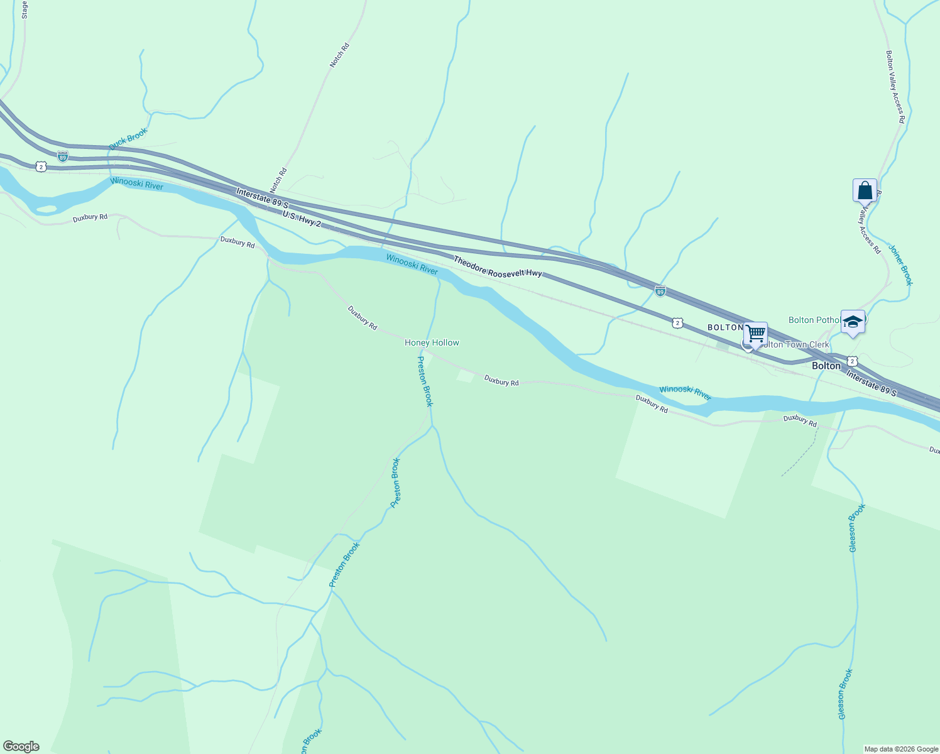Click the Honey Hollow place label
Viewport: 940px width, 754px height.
coord(432,342)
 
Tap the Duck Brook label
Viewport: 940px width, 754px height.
coord(128,139)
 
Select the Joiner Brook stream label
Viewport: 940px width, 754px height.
coord(900,265)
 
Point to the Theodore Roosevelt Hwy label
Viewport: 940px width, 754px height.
coord(498,266)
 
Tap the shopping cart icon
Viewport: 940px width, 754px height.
coord(755,334)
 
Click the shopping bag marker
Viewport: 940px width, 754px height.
coord(865,190)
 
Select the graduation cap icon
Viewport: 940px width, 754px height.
coord(853,322)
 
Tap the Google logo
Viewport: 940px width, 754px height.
coord(21,746)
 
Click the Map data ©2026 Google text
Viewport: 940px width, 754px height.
coord(901,749)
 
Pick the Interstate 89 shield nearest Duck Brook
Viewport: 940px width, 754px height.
coord(62,156)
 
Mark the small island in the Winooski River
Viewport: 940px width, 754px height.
coord(47,209)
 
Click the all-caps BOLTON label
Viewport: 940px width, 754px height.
coord(725,327)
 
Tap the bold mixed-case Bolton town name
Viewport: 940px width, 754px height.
coord(826,366)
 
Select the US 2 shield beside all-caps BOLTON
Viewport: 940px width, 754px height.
coord(677,322)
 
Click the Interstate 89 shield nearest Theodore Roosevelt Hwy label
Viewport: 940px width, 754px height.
coord(660,291)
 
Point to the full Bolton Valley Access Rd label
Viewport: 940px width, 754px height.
coord(895,87)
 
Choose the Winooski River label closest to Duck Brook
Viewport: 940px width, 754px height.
coord(136,183)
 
